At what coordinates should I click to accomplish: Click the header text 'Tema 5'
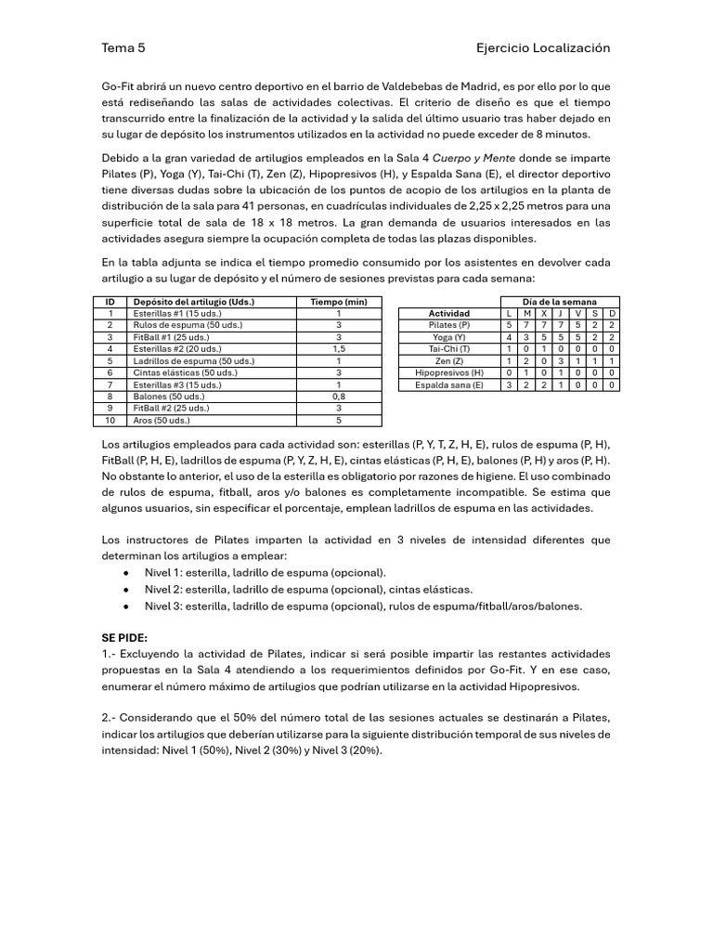pos(123,47)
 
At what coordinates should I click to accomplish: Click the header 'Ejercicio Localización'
pos(543,47)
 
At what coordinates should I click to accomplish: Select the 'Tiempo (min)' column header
pos(338,302)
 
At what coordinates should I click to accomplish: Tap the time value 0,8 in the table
pos(338,397)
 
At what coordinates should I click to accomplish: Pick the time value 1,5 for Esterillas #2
pos(338,349)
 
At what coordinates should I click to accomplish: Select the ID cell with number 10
pos(110,420)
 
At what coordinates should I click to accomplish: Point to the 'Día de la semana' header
pos(560,302)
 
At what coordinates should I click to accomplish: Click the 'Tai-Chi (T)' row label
pos(449,349)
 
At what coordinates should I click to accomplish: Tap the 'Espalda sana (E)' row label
pos(449,384)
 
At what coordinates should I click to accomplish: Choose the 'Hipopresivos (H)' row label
pos(449,372)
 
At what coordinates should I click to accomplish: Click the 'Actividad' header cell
pos(449,314)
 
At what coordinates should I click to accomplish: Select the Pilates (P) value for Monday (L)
pos(509,325)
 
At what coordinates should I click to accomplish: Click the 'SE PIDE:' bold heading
pos(124,639)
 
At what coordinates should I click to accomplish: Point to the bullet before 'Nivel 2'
pos(125,590)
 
